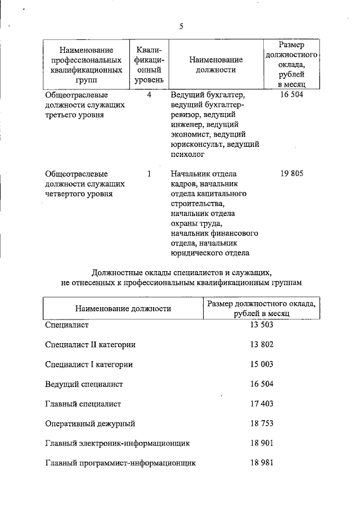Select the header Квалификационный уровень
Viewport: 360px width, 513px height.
pyautogui.click(x=149, y=65)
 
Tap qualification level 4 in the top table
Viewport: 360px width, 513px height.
pyautogui.click(x=149, y=95)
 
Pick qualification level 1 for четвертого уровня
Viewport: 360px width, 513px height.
pyautogui.click(x=149, y=174)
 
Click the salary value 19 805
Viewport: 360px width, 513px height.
pyautogui.click(x=291, y=174)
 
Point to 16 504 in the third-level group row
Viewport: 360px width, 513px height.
pyautogui.click(x=291, y=95)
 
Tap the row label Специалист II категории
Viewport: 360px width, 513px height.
pyautogui.click(x=90, y=344)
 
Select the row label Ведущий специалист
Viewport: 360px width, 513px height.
pyautogui.click(x=84, y=384)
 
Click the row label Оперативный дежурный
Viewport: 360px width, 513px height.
pyautogui.click(x=90, y=423)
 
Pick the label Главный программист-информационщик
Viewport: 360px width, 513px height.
pyautogui.click(x=120, y=462)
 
